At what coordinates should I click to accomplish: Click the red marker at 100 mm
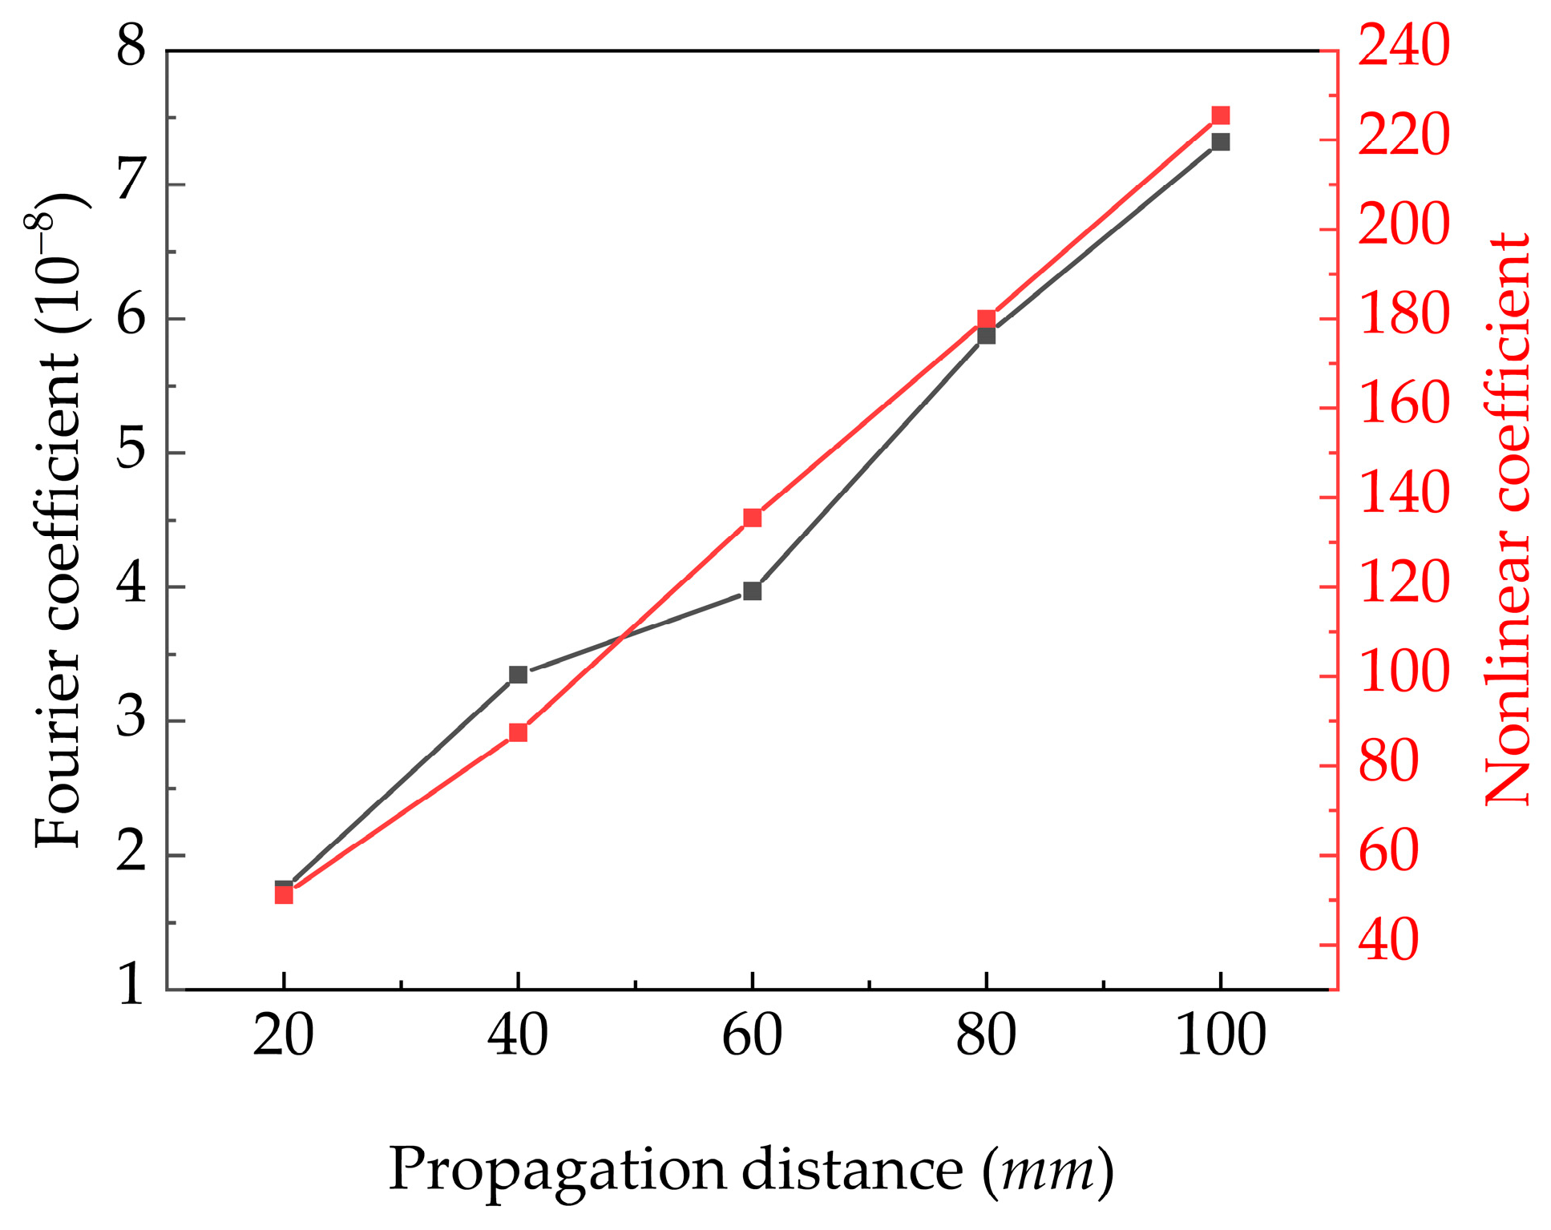click(x=1220, y=115)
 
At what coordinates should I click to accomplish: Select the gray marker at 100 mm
click(x=1220, y=142)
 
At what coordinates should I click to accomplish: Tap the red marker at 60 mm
click(x=752, y=518)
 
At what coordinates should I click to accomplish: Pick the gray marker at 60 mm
click(x=752, y=591)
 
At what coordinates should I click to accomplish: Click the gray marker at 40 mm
click(x=518, y=675)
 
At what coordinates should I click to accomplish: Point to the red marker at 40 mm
click(x=518, y=732)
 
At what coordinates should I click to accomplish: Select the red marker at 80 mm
click(x=986, y=319)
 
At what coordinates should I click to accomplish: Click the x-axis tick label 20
click(x=283, y=1036)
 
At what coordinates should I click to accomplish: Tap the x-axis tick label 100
click(x=1220, y=1036)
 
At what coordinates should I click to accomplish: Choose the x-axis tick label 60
click(x=752, y=1036)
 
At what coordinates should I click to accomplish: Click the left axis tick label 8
click(x=131, y=48)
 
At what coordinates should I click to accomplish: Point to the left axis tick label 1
click(x=131, y=985)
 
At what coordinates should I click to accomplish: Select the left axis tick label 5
click(x=131, y=450)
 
